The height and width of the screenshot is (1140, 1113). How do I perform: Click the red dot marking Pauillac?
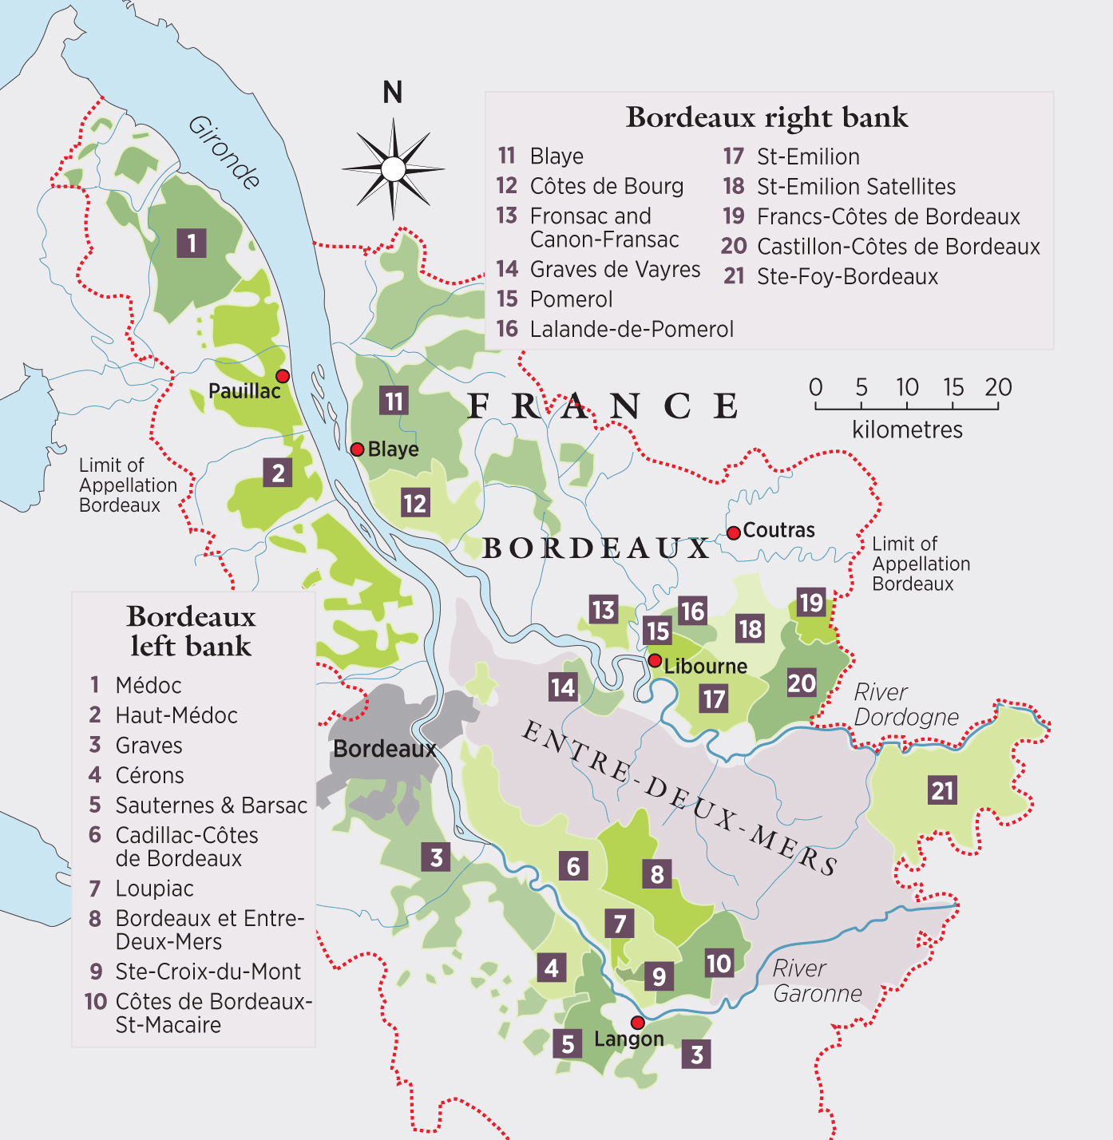pos(283,376)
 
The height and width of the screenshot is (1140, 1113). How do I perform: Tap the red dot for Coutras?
pos(733,532)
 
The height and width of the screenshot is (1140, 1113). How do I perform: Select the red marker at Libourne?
pos(655,660)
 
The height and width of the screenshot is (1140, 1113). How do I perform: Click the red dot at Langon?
pos(637,1023)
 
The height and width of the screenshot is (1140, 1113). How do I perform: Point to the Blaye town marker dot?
pos(358,449)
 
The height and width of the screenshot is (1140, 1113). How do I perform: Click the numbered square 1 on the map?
pos(191,243)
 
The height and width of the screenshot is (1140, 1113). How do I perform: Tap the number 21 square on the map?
pos(942,790)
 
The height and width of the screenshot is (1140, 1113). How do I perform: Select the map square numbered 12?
pos(414,503)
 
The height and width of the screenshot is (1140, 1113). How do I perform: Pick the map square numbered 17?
pos(714,699)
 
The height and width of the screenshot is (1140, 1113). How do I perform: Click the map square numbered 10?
pos(719,963)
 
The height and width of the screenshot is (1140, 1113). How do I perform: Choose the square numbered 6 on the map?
pos(573,866)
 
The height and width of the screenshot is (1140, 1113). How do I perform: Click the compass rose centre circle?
pos(393,169)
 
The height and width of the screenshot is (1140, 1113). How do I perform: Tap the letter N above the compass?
pos(392,93)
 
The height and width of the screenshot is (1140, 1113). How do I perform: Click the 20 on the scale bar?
pos(997,387)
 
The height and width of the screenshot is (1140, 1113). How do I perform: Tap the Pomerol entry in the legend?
pos(570,299)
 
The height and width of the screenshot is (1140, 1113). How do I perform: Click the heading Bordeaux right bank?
pos(766,117)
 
